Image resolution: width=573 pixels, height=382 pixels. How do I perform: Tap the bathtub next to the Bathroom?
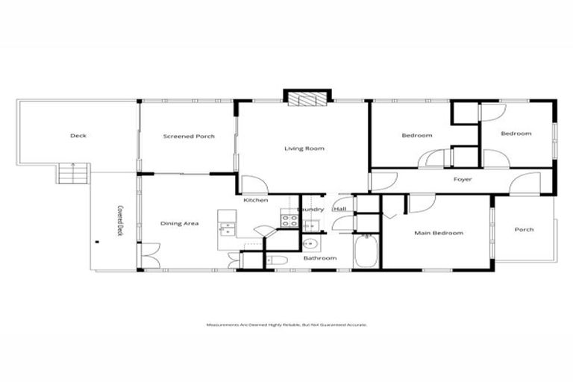pyautogui.click(x=366, y=252)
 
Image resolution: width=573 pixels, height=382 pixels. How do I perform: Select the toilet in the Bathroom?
pyautogui.click(x=275, y=259)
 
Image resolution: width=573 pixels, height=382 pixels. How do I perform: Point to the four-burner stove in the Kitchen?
pyautogui.click(x=287, y=219)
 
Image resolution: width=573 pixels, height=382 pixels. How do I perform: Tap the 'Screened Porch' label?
pyautogui.click(x=189, y=137)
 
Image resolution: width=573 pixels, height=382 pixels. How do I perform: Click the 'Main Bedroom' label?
pyautogui.click(x=439, y=233)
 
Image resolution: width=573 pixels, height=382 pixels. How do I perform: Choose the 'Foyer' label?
pyautogui.click(x=463, y=180)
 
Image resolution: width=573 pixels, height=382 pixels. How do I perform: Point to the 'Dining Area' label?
pyautogui.click(x=180, y=223)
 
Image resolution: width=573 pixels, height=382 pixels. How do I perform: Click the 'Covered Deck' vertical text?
pyautogui.click(x=119, y=221)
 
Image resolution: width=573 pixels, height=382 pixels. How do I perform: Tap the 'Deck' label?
pyautogui.click(x=78, y=135)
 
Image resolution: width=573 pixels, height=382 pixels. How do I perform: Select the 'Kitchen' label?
pyautogui.click(x=256, y=200)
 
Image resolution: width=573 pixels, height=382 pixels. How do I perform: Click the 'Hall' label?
pyautogui.click(x=339, y=210)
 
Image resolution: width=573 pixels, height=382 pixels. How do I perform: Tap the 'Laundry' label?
pyautogui.click(x=310, y=210)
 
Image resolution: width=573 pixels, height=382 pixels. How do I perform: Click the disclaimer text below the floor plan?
pyautogui.click(x=286, y=325)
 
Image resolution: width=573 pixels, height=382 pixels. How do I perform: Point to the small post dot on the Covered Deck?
pyautogui.click(x=97, y=240)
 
